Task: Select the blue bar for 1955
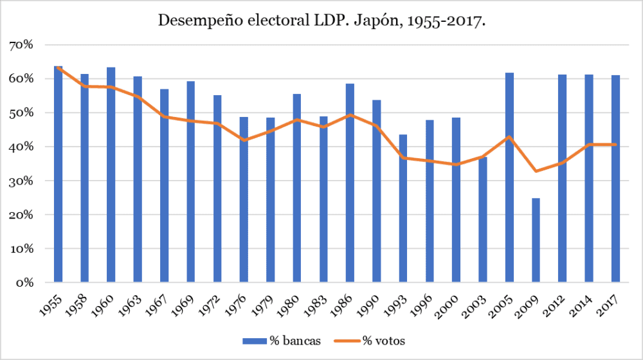59,174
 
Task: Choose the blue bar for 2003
482,219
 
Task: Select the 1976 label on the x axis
241,301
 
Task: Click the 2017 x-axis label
613,301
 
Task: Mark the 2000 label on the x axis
453,301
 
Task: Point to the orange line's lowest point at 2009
536,171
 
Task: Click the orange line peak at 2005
509,136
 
